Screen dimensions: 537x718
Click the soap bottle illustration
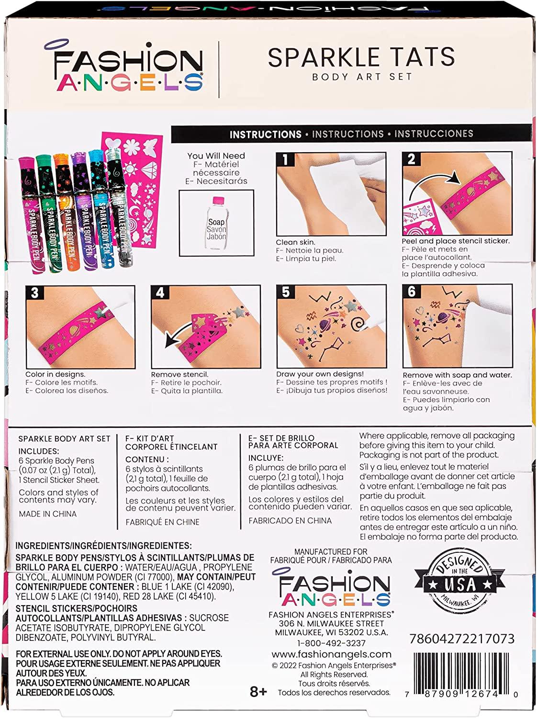[x=216, y=224]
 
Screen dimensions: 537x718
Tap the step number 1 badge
[x=285, y=159]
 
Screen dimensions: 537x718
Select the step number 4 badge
[x=160, y=292]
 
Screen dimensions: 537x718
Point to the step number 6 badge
[x=411, y=292]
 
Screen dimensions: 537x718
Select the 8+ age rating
[x=258, y=692]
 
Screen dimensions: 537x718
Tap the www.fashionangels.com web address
[x=331, y=654]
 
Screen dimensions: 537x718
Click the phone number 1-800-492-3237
[x=331, y=643]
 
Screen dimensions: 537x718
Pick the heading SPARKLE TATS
[x=361, y=57]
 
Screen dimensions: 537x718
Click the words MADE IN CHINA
[x=48, y=514]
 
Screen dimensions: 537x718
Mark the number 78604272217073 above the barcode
[x=462, y=638]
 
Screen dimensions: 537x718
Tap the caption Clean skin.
[x=296, y=242]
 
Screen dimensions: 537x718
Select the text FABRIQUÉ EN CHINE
[x=163, y=522]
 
